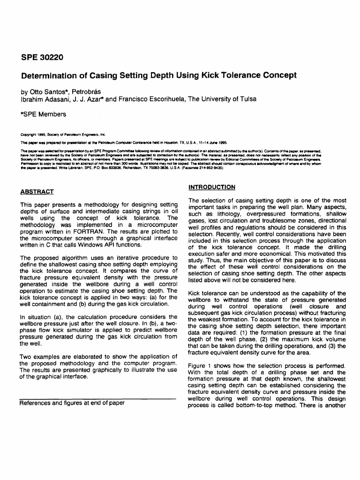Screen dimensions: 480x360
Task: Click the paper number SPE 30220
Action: (42, 58)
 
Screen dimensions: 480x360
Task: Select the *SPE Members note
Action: (43, 114)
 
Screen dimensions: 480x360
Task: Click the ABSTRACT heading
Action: (37, 192)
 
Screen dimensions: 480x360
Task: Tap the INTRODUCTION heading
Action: (212, 187)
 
